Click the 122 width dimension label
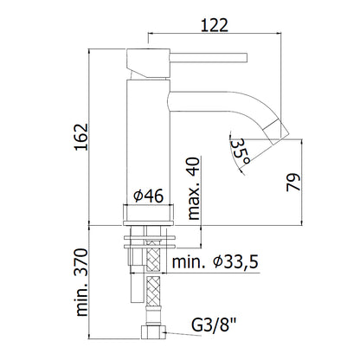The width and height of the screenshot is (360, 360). pyautogui.click(x=215, y=25)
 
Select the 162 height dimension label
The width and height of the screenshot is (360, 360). pyautogui.click(x=81, y=137)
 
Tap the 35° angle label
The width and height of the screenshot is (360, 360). pyautogui.click(x=241, y=152)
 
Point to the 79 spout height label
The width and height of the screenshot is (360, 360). pyautogui.click(x=293, y=182)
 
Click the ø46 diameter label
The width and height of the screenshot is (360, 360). pyautogui.click(x=149, y=196)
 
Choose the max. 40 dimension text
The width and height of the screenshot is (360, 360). pyautogui.click(x=194, y=189)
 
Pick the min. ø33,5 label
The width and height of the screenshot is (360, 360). pyautogui.click(x=215, y=262)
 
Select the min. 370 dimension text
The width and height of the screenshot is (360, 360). pyautogui.click(x=81, y=282)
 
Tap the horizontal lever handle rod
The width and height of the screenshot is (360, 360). pyautogui.click(x=209, y=57)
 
